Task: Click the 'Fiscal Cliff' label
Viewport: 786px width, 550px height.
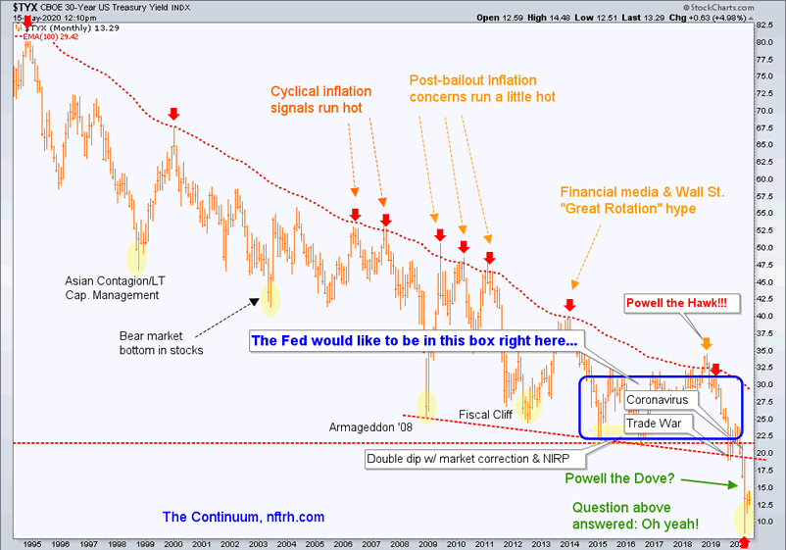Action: pyautogui.click(x=486, y=414)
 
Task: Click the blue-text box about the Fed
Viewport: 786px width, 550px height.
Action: pyautogui.click(x=415, y=340)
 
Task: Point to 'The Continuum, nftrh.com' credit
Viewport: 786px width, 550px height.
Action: pyautogui.click(x=243, y=517)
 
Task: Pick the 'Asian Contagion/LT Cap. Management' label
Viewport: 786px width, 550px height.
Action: pyautogui.click(x=113, y=287)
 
